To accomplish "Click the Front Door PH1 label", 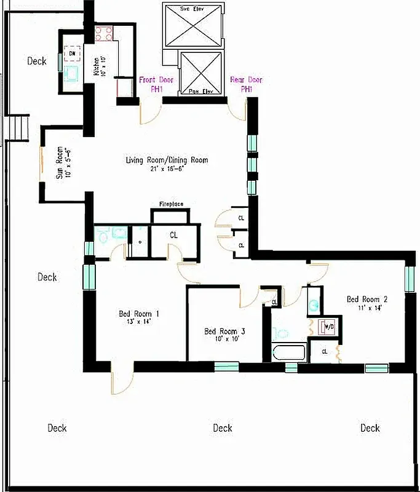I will click(x=156, y=84).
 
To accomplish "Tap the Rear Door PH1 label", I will click(x=246, y=84).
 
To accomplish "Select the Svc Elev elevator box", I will click(x=192, y=24).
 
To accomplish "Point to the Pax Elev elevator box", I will click(x=200, y=73).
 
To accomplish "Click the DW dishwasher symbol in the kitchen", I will click(x=72, y=54).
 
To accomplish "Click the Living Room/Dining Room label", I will click(x=167, y=164).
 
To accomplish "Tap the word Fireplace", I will click(x=172, y=204).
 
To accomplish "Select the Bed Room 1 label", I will click(x=139, y=318).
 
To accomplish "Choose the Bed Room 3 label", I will click(x=224, y=336).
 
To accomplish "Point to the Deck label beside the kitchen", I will click(x=37, y=61).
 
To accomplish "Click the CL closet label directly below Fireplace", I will click(x=173, y=234).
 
